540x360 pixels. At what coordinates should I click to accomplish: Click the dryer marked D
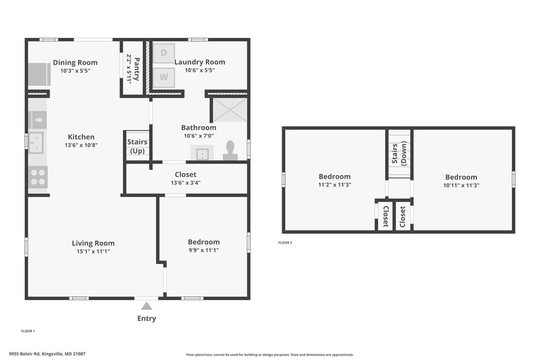pyautogui.click(x=163, y=53)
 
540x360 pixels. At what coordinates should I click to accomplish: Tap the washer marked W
pyautogui.click(x=163, y=77)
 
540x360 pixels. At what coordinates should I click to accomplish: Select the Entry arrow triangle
pyautogui.click(x=147, y=306)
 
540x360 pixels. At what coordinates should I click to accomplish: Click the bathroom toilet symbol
pyautogui.click(x=230, y=151)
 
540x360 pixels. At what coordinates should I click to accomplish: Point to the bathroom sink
pyautogui.click(x=202, y=152)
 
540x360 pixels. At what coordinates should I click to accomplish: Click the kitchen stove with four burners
pyautogui.click(x=37, y=177)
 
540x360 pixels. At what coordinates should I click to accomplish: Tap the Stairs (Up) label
pyautogui.click(x=137, y=146)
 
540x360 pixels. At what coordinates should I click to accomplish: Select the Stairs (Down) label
pyautogui.click(x=399, y=154)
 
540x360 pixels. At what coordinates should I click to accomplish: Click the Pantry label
pyautogui.click(x=133, y=69)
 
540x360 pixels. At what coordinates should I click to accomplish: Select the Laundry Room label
pyautogui.click(x=200, y=62)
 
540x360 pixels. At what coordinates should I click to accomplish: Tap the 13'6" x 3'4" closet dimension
pyautogui.click(x=186, y=182)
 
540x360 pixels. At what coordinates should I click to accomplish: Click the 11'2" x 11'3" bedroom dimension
pyautogui.click(x=334, y=184)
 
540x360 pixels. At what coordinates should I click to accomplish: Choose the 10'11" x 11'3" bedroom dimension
pyautogui.click(x=461, y=185)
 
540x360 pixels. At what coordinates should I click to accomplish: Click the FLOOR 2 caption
pyautogui.click(x=285, y=243)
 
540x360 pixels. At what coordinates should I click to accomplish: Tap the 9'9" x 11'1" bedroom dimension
pyautogui.click(x=203, y=250)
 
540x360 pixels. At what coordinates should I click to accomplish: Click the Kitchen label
pyautogui.click(x=81, y=137)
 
